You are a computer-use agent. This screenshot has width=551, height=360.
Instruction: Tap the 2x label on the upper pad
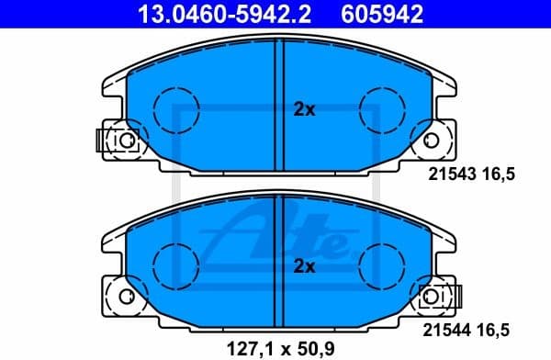pyautogui.click(x=304, y=109)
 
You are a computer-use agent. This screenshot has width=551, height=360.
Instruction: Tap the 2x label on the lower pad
pyautogui.click(x=304, y=267)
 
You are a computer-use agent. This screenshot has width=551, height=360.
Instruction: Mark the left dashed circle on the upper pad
pyautogui.click(x=174, y=108)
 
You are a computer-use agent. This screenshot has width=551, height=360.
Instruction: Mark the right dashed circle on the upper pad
pyautogui.click(x=379, y=108)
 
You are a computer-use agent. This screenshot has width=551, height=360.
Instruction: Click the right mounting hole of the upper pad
pyautogui.click(x=431, y=140)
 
